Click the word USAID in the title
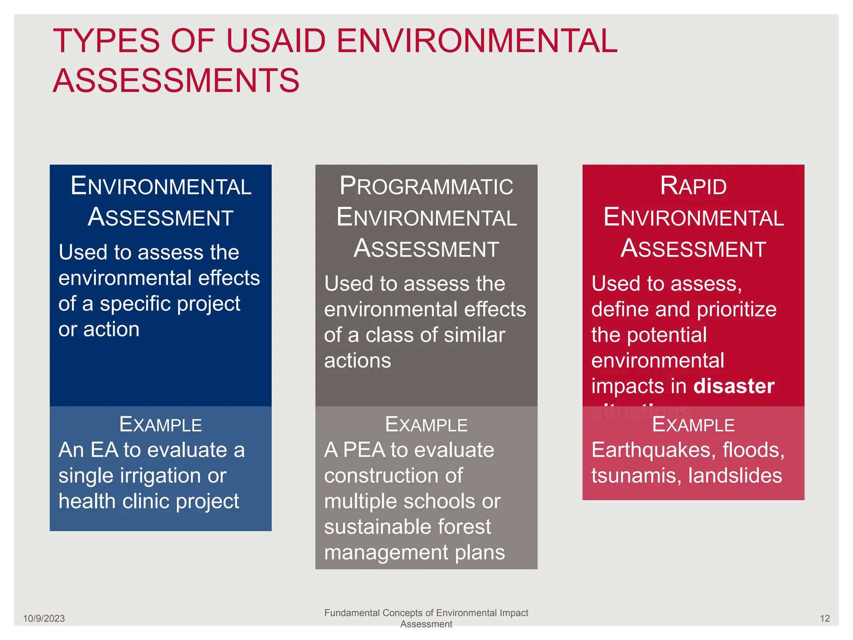pyautogui.click(x=276, y=41)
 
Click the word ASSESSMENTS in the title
pyautogui.click(x=176, y=81)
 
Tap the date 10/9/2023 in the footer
pyautogui.click(x=44, y=618)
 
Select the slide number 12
pyautogui.click(x=825, y=618)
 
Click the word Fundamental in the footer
pyautogui.click(x=352, y=613)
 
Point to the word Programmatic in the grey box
pyautogui.click(x=426, y=186)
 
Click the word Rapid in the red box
pyautogui.click(x=693, y=186)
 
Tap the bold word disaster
pyautogui.click(x=734, y=386)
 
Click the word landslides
pyautogui.click(x=735, y=476)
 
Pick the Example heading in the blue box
pyautogui.click(x=160, y=425)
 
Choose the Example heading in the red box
pyautogui.click(x=693, y=425)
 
